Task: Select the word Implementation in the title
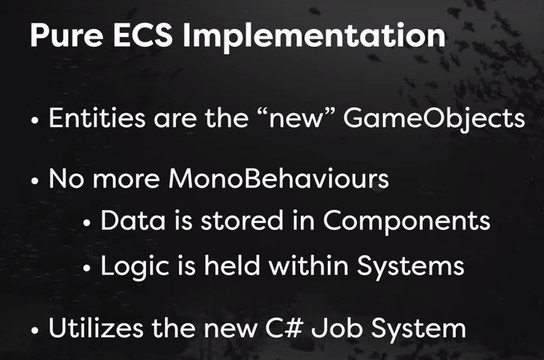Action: coord(314,36)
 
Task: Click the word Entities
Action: coord(97,118)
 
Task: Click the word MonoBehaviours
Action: coord(278,178)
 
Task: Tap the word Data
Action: coord(133,220)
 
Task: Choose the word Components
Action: coord(406,222)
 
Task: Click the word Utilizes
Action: coord(96,328)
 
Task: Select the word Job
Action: coord(336,328)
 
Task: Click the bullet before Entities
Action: coord(34,121)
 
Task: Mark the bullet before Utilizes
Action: coord(34,331)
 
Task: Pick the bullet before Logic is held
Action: coord(87,268)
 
